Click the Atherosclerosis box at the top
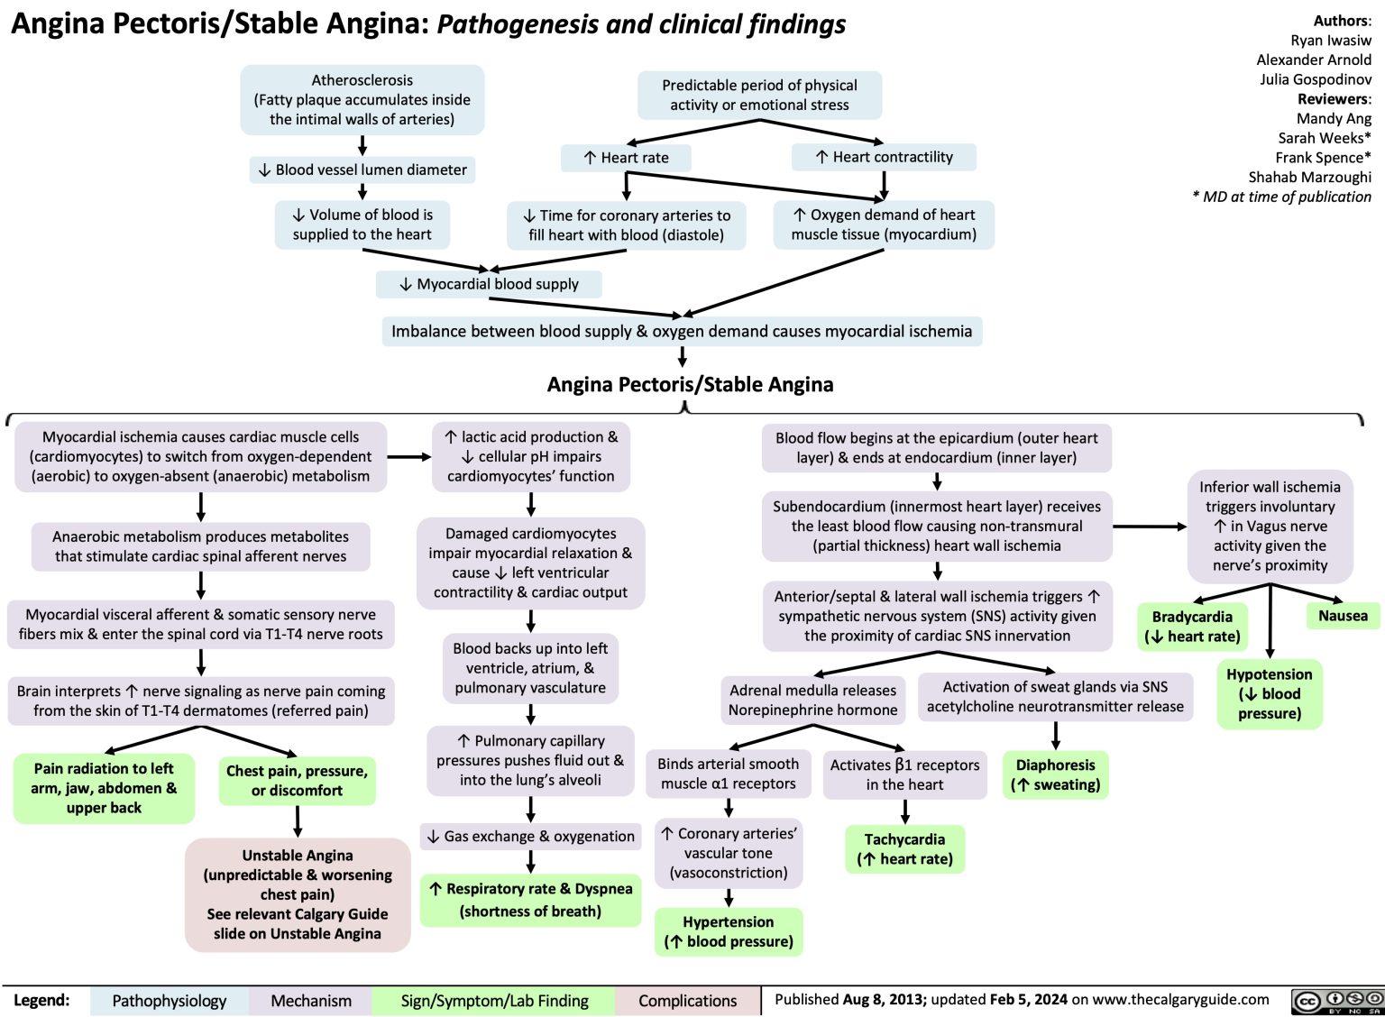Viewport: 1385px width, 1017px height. coord(362,99)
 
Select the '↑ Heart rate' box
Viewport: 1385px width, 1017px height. coord(626,158)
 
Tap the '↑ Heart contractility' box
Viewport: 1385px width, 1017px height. coord(884,157)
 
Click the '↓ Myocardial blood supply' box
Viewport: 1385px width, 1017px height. coord(489,284)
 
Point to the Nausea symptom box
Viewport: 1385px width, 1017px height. coord(1343,616)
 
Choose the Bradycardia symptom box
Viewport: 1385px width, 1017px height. coord(1192,627)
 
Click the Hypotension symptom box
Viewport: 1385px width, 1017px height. coord(1269,693)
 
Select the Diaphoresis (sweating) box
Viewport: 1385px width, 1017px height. coord(1055,774)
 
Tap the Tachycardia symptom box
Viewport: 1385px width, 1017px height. coord(904,849)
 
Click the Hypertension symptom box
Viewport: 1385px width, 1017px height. coord(728,931)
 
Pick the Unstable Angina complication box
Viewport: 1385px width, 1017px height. coord(298,893)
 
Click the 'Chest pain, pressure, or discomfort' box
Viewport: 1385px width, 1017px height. coord(297,781)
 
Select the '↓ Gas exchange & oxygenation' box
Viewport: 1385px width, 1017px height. coord(530,837)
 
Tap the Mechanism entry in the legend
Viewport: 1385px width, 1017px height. coord(311,1001)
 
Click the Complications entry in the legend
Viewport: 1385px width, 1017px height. coord(687,1001)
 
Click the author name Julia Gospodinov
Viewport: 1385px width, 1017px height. coord(1316,79)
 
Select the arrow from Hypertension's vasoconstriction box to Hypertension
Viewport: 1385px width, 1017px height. coord(729,897)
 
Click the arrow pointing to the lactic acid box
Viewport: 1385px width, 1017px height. coord(410,457)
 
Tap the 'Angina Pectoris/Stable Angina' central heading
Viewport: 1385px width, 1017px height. coord(690,385)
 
